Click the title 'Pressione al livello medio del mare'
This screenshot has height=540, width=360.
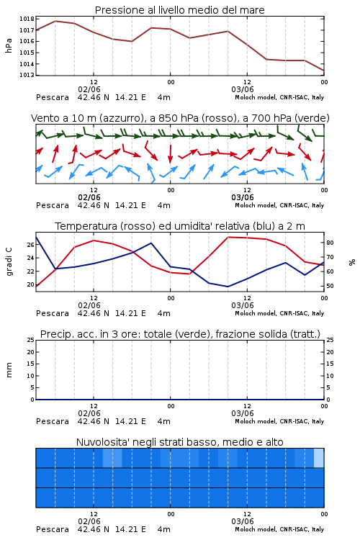tap(179, 10)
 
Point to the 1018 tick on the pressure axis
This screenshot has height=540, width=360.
tap(27, 19)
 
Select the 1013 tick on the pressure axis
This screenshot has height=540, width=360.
tap(27, 75)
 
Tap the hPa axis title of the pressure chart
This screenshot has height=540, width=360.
tap(9, 45)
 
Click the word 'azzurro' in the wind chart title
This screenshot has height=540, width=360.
tap(120, 118)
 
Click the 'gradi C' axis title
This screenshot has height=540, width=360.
tap(9, 262)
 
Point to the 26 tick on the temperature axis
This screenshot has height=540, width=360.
tap(31, 245)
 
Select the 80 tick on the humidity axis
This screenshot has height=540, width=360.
tap(330, 243)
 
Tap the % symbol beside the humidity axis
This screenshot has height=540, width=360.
tap(352, 262)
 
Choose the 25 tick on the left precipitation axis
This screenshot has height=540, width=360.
tap(31, 340)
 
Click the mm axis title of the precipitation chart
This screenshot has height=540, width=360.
tap(9, 370)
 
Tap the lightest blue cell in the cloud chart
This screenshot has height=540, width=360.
tap(319, 458)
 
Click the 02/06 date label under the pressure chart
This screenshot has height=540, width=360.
tap(89, 89)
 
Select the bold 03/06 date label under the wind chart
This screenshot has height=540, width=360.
tap(243, 198)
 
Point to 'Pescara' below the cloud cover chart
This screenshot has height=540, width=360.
tap(53, 529)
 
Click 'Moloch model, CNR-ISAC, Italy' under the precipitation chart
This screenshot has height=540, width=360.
tap(279, 421)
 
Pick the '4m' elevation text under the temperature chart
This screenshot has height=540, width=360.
tap(163, 313)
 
